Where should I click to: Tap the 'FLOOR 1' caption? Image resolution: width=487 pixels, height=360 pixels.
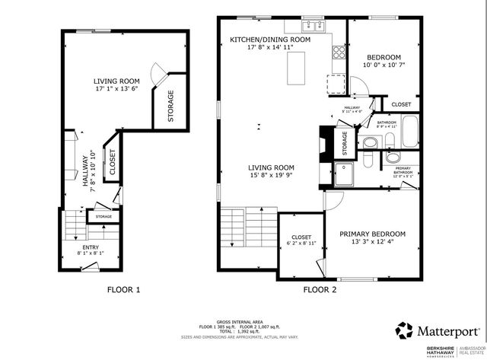tap(123, 289)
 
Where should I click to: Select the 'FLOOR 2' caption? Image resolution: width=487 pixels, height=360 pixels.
tap(320, 289)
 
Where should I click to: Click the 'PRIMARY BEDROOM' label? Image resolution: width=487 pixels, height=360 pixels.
tap(372, 234)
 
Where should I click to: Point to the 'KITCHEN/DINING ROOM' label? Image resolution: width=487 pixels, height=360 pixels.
tap(271, 39)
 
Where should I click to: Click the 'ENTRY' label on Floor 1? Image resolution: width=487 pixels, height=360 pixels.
tap(90, 247)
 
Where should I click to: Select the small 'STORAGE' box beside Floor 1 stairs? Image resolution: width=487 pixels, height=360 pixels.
tap(103, 217)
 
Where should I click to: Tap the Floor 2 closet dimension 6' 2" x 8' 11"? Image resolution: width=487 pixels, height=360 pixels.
tap(301, 243)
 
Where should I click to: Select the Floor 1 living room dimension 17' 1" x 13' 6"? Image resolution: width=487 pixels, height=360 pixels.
tap(115, 88)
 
